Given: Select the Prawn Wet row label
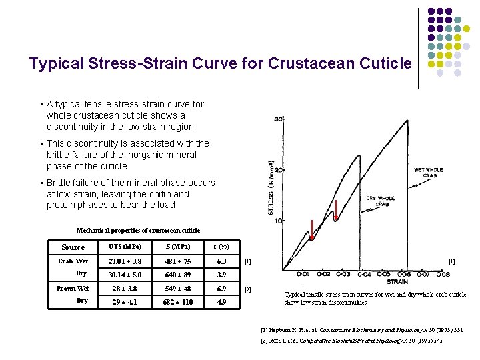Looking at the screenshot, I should point(73,288).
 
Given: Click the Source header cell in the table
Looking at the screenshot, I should point(73,247).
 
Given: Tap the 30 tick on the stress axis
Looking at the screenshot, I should point(279,119).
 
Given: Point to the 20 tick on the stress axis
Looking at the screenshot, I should point(280,170).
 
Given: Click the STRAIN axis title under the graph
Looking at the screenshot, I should point(397,282).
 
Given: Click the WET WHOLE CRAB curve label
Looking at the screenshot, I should point(428,173).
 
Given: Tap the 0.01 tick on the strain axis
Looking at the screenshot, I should point(303,274).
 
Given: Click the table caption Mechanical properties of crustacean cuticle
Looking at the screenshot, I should point(138,231).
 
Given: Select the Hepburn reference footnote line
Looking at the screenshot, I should point(362,329).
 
